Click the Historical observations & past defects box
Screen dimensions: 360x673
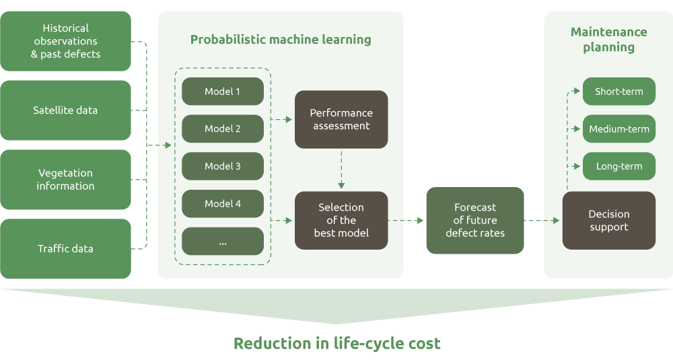tap(65, 41)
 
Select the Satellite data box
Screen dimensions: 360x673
tap(65, 110)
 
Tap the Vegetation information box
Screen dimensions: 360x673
tap(65, 180)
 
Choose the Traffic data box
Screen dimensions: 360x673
tap(65, 249)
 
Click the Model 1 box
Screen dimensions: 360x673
tap(223, 92)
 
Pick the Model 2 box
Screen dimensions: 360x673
tap(223, 129)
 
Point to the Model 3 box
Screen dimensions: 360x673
tap(223, 166)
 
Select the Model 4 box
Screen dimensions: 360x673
tap(223, 204)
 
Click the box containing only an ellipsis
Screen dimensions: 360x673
tap(223, 241)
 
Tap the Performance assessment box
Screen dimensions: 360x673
tap(341, 119)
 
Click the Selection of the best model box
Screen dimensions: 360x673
tap(341, 220)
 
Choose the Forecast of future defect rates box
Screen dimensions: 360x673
tap(475, 220)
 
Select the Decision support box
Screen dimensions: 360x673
tap(609, 220)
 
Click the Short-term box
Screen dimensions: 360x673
tap(619, 92)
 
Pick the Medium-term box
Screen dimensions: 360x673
tap(619, 129)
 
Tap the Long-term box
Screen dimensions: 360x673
tap(619, 166)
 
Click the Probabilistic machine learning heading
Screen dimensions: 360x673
tap(281, 40)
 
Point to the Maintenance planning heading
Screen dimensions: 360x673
tap(609, 40)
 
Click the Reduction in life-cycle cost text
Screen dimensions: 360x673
tap(336, 343)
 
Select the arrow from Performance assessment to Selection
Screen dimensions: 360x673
tap(341, 170)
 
